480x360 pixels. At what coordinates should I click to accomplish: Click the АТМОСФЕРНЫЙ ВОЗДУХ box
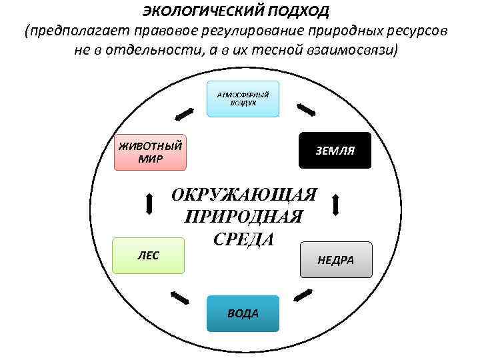point(243,99)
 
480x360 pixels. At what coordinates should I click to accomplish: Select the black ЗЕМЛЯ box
point(335,151)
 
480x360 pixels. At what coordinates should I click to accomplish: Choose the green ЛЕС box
point(148,255)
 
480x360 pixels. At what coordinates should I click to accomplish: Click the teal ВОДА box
point(242,313)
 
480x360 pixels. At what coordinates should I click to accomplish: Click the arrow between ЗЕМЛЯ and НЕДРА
point(335,204)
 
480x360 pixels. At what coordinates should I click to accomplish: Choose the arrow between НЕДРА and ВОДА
point(303,293)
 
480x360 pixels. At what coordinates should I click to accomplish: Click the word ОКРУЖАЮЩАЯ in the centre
point(245,195)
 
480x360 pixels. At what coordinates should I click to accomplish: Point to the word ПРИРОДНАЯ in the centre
point(242,217)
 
